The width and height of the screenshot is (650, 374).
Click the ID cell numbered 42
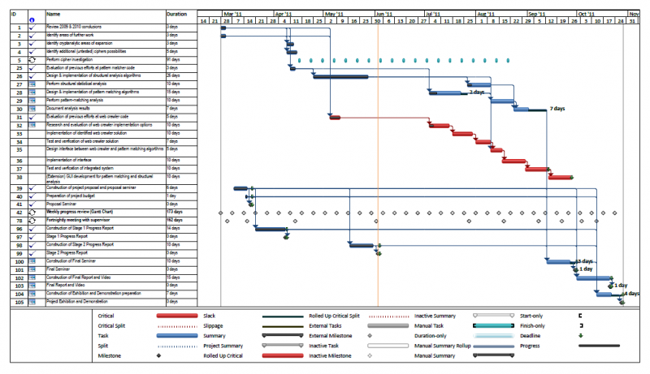[18, 212]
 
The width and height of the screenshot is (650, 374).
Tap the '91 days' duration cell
[173, 60]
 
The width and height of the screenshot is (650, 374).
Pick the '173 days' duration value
[174, 212]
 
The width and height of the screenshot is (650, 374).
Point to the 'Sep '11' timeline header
[537, 14]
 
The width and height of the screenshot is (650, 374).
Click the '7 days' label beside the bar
[557, 108]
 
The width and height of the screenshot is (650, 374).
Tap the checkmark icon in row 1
[32, 28]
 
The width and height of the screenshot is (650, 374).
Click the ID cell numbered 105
[18, 301]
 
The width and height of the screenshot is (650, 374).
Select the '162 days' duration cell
[174, 220]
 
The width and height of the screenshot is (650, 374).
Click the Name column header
[54, 14]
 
